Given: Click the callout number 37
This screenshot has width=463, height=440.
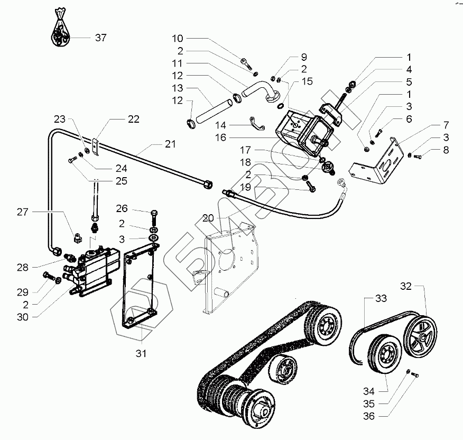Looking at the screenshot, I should (x=100, y=38).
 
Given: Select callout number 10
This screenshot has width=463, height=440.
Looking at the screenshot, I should (x=178, y=38).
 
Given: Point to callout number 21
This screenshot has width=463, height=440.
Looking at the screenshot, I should (x=169, y=144).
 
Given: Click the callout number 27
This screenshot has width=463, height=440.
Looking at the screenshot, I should (x=22, y=212).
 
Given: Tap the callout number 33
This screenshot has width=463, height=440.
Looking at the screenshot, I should (x=381, y=299).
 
